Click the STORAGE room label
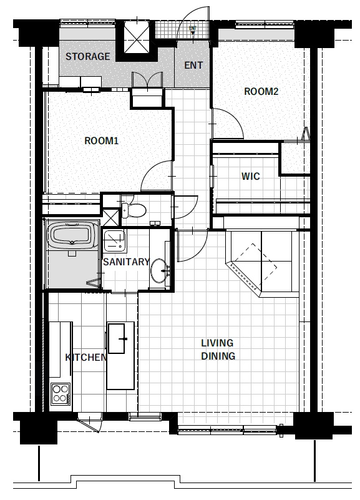point(87,56)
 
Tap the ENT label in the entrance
point(193,66)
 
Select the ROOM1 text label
point(101,140)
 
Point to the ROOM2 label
point(261,92)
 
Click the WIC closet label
point(250,176)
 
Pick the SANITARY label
point(126,262)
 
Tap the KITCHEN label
point(86,357)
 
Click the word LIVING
point(217,343)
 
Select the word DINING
point(218,356)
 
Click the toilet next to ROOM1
point(134,210)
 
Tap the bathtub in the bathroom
point(72,236)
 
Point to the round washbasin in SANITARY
point(159,271)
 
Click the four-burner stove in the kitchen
point(61,393)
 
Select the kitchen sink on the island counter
point(116,338)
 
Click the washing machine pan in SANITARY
point(114,240)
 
